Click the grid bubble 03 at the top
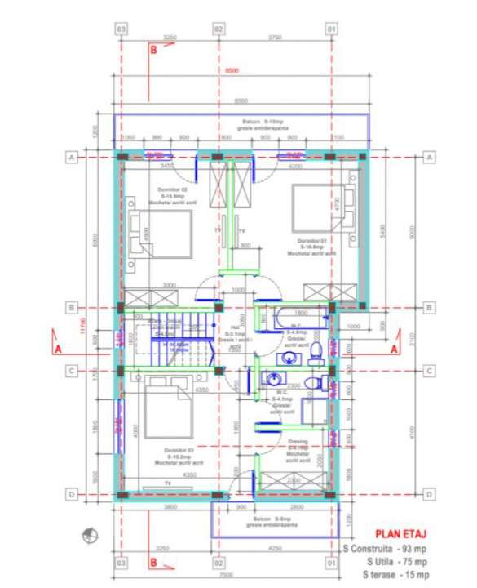click(121, 29)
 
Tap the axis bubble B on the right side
click(429, 307)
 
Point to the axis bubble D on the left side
click(72, 494)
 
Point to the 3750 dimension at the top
click(275, 38)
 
